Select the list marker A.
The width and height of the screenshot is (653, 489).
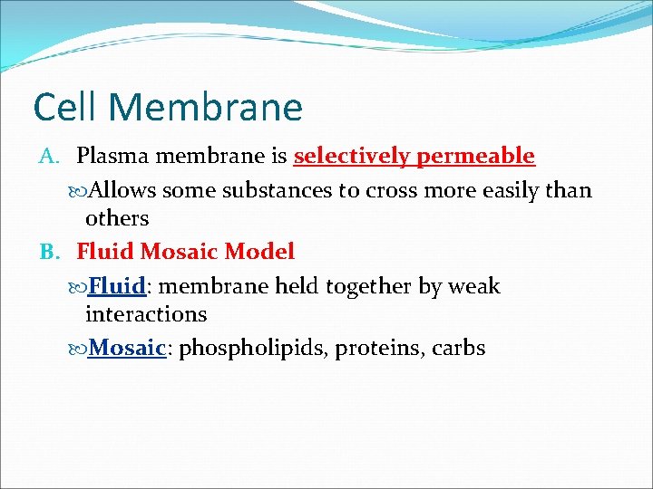click(x=49, y=157)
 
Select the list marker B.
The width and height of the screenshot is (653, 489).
click(x=49, y=251)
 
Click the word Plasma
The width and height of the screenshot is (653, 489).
click(x=113, y=157)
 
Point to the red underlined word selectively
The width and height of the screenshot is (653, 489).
click(x=351, y=157)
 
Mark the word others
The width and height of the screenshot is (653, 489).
click(x=117, y=218)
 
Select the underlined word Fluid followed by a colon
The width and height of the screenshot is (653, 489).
click(x=118, y=286)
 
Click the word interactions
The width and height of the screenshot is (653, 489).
click(x=146, y=314)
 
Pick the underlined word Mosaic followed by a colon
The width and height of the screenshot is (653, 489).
click(x=127, y=348)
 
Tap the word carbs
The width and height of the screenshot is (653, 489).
click(x=459, y=348)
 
